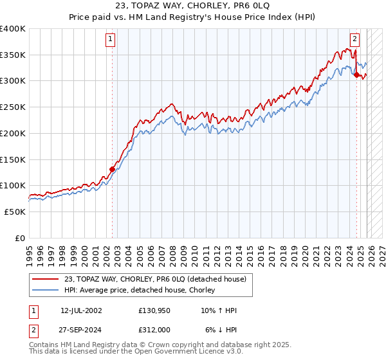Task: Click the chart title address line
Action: pos(193,7)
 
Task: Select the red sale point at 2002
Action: pos(112,170)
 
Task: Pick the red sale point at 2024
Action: pos(356,75)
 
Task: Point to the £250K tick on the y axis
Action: pos(13,107)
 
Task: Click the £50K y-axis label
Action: pos(15,212)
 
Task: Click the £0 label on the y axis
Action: pos(21,238)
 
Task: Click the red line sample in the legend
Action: pos(46,279)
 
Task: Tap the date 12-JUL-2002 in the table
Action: pos(81,310)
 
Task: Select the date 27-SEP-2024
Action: pos(81,330)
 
